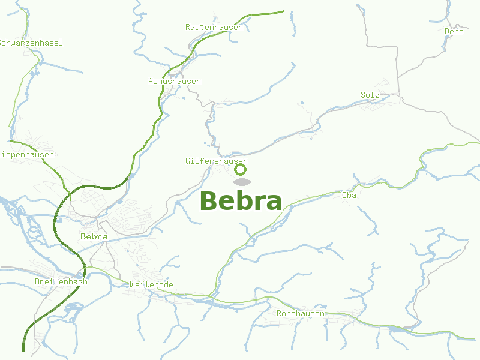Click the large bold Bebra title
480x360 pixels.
coord(241,202)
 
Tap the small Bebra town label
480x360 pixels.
coord(94,237)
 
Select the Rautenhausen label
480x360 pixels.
coord(214,28)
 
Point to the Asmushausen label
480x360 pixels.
coord(174,82)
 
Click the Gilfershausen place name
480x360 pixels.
coord(216,161)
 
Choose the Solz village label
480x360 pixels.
coord(370,95)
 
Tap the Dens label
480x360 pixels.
coord(454,32)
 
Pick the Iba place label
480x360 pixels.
coord(349,196)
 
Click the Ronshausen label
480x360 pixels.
coord(301,314)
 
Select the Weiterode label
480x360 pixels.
coord(151,285)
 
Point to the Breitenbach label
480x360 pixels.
coord(61,282)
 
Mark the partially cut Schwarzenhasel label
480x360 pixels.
coord(30,43)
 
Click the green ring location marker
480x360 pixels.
coord(240,169)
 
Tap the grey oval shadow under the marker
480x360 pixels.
coord(241,182)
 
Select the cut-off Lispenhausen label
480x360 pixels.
coord(26,155)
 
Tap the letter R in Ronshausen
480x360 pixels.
coord(279,314)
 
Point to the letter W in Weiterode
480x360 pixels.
coord(132,285)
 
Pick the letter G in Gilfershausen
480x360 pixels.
coord(188,161)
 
